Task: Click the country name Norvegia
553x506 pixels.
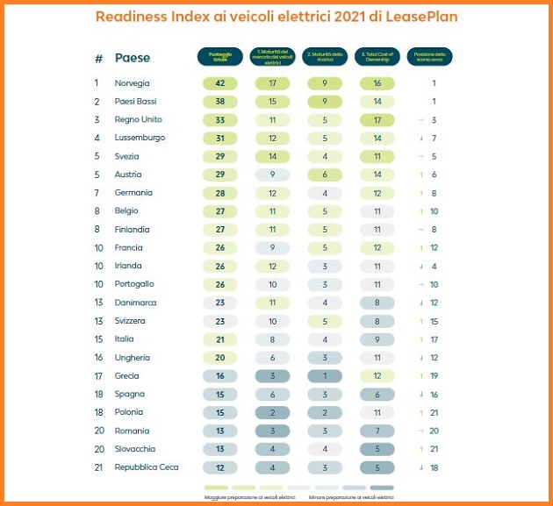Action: (132, 83)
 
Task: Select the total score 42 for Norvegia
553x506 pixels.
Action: (220, 83)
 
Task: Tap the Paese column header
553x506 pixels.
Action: (133, 58)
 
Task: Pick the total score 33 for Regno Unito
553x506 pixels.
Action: (220, 120)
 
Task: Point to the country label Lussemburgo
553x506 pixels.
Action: (140, 138)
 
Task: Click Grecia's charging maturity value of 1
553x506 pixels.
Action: (325, 375)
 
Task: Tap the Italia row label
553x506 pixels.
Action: (126, 339)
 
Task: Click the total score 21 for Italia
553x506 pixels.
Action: (220, 339)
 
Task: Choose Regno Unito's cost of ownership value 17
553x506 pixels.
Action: (377, 120)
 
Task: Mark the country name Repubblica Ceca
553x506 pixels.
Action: (147, 467)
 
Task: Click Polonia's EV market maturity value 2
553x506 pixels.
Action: (273, 412)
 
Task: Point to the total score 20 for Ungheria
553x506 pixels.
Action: (220, 358)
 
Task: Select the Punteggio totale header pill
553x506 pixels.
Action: (220, 57)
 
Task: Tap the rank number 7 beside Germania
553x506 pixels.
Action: (97, 193)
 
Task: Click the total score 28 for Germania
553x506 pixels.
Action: (220, 193)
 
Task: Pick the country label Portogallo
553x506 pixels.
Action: (134, 284)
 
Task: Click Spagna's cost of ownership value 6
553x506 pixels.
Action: (377, 394)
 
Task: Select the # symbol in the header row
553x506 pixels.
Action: (98, 58)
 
